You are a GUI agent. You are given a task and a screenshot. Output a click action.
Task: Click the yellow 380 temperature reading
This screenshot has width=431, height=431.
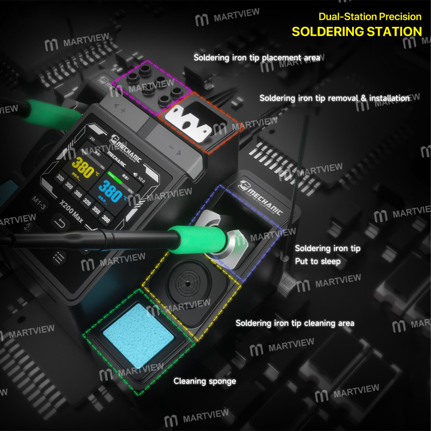[83, 167]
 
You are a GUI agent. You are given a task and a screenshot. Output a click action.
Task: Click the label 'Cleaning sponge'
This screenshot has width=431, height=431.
[205, 381]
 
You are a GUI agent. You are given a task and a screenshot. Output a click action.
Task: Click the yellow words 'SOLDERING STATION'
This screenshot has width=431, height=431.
[356, 31]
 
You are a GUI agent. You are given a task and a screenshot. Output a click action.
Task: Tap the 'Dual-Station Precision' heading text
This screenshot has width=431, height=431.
[370, 17]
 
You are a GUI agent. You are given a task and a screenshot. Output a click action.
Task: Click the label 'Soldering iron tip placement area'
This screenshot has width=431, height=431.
[256, 57]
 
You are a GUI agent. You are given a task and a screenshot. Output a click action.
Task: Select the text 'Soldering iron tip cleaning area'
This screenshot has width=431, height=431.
[295, 323]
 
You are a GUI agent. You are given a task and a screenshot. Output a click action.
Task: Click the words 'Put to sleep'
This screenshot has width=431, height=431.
[318, 261]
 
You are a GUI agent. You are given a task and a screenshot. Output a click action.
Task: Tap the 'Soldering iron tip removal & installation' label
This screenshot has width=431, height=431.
[334, 98]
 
